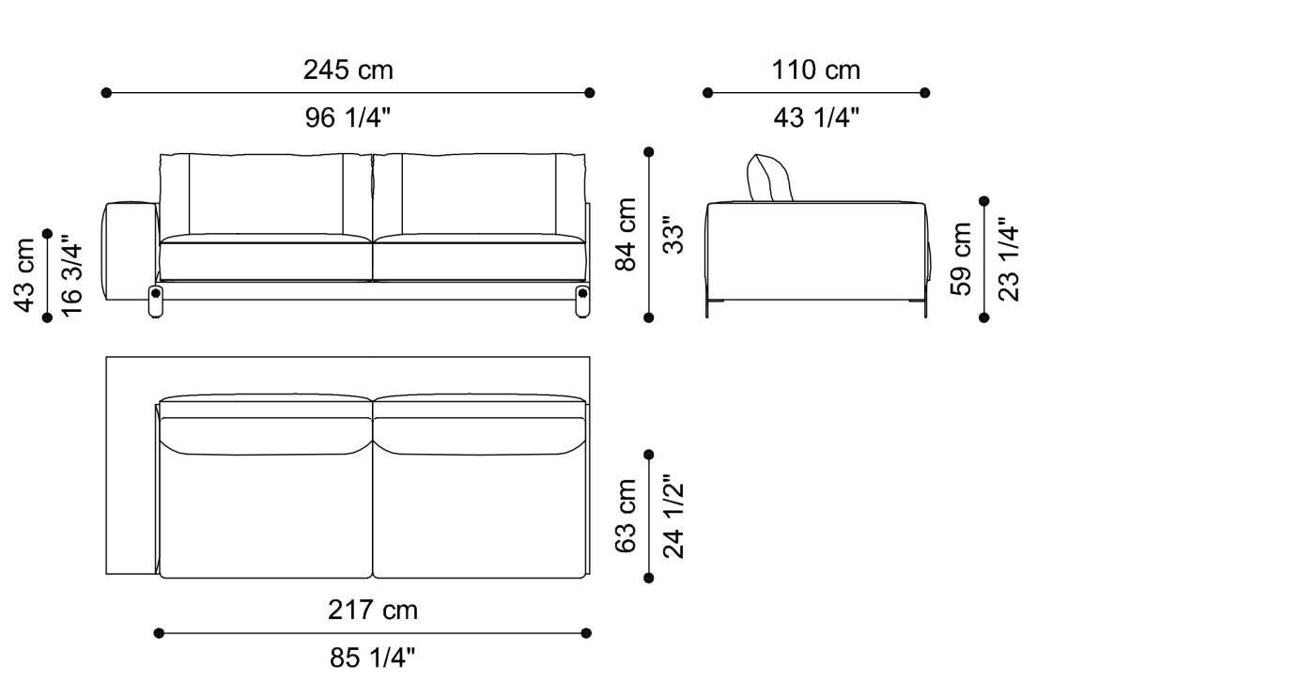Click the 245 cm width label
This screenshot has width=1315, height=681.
(348, 70)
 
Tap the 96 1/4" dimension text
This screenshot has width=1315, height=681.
(348, 118)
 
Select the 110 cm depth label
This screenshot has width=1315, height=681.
(816, 70)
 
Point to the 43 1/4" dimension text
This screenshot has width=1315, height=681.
(816, 118)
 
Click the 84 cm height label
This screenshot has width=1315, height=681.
(627, 235)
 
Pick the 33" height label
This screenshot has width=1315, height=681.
(673, 235)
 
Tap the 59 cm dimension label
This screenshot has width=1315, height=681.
(962, 259)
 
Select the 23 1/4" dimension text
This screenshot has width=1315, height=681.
(1009, 259)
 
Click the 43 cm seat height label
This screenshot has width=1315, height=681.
(25, 274)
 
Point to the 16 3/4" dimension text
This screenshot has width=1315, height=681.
(71, 274)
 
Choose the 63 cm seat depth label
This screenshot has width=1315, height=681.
(627, 516)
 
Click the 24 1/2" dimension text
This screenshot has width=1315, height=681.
(673, 516)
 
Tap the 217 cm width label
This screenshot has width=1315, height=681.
(373, 611)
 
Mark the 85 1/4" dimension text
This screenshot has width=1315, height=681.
(373, 658)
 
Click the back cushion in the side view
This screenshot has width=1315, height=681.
(769, 179)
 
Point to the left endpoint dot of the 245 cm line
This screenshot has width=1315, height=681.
(106, 93)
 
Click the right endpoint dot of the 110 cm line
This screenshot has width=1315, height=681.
(925, 93)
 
